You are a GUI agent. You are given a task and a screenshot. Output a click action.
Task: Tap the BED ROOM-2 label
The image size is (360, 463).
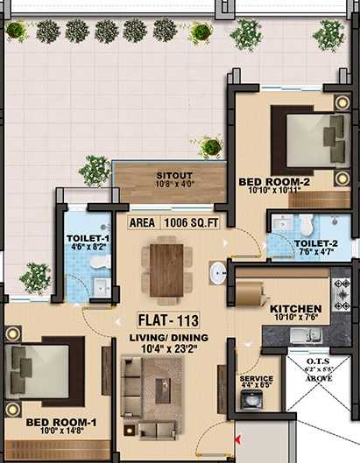(x=275, y=182)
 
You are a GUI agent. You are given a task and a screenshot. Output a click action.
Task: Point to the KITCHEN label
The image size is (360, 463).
(x=295, y=309)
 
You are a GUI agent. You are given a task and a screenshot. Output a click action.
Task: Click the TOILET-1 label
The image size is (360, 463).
(x=88, y=237)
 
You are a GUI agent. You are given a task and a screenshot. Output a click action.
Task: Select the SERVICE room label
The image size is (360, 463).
(x=256, y=379)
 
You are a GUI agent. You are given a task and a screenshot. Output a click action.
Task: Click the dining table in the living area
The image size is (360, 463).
(x=166, y=270)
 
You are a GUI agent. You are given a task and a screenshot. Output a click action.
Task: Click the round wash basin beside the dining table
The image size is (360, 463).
(x=218, y=273)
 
